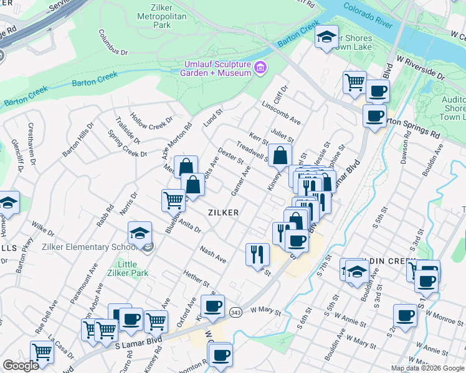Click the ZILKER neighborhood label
pos(223,212)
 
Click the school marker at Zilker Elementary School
pos(140,234)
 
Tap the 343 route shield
pos(235,312)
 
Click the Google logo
pos(21,366)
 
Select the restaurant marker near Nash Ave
pos(257,254)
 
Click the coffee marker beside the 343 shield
pos(212,306)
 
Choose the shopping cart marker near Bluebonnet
pos(173,200)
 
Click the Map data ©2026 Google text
pos(428,368)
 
